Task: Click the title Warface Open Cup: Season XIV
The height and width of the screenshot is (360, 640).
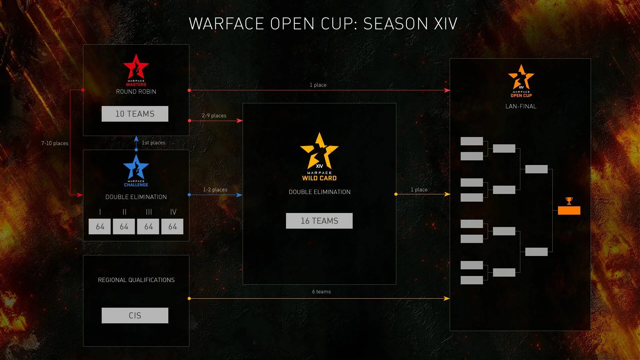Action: pyautogui.click(x=323, y=24)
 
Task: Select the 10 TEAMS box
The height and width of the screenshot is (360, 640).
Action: pyautogui.click(x=135, y=114)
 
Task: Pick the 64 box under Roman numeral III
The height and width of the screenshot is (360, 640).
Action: pyautogui.click(x=148, y=227)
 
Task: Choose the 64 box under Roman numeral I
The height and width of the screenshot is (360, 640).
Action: pyautogui.click(x=100, y=227)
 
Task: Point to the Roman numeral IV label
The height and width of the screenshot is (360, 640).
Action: pyautogui.click(x=173, y=212)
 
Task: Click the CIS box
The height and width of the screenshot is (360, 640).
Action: pyautogui.click(x=135, y=315)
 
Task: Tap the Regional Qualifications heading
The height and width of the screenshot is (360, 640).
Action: pyautogui.click(x=136, y=280)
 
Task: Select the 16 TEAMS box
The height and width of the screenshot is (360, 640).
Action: pyautogui.click(x=319, y=221)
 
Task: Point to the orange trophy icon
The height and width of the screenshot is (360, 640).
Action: pyautogui.click(x=569, y=201)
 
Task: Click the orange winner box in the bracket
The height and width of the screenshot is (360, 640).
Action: pyautogui.click(x=569, y=210)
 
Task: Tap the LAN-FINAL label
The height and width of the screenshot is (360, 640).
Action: pyautogui.click(x=521, y=106)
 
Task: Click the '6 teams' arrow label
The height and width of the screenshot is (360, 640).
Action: pyautogui.click(x=321, y=292)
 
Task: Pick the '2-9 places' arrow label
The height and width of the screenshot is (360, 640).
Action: pyautogui.click(x=214, y=116)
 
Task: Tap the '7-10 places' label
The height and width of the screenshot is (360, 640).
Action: pyautogui.click(x=55, y=143)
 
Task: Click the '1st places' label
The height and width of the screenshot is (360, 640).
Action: pyautogui.click(x=153, y=143)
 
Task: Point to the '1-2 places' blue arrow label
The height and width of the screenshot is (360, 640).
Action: pyautogui.click(x=215, y=190)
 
